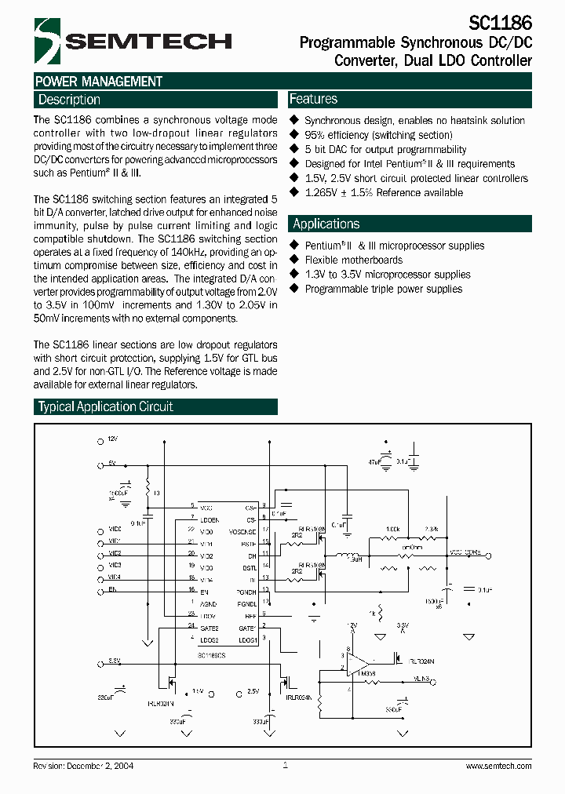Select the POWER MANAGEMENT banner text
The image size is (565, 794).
(x=99, y=82)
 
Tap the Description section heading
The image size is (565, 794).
(x=69, y=100)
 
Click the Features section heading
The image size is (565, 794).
(x=313, y=99)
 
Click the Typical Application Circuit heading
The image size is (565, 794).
(x=106, y=406)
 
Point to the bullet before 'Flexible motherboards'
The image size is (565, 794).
(x=295, y=260)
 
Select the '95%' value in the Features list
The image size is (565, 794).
(x=315, y=135)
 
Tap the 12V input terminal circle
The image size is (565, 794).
(x=100, y=443)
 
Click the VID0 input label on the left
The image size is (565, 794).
(x=114, y=530)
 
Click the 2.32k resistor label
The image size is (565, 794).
(x=431, y=529)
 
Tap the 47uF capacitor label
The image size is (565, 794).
(x=373, y=464)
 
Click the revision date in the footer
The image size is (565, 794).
(x=106, y=767)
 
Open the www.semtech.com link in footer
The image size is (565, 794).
(x=495, y=767)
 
